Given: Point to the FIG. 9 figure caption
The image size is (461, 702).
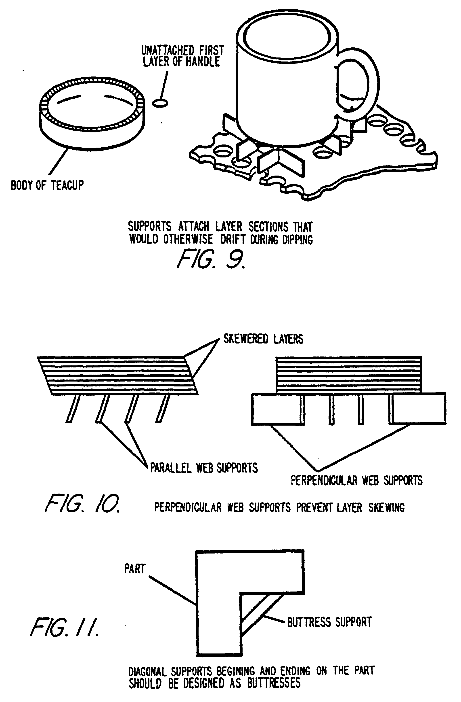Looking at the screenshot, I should [x=210, y=259].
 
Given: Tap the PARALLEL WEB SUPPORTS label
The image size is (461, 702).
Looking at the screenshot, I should [x=204, y=468].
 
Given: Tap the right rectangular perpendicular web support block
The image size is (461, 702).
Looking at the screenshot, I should [x=419, y=409].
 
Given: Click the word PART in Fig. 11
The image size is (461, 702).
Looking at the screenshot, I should [x=135, y=569].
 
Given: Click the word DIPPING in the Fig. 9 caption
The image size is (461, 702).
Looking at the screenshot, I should [x=298, y=240].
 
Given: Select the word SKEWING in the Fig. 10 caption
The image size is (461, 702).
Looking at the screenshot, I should [x=386, y=508].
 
